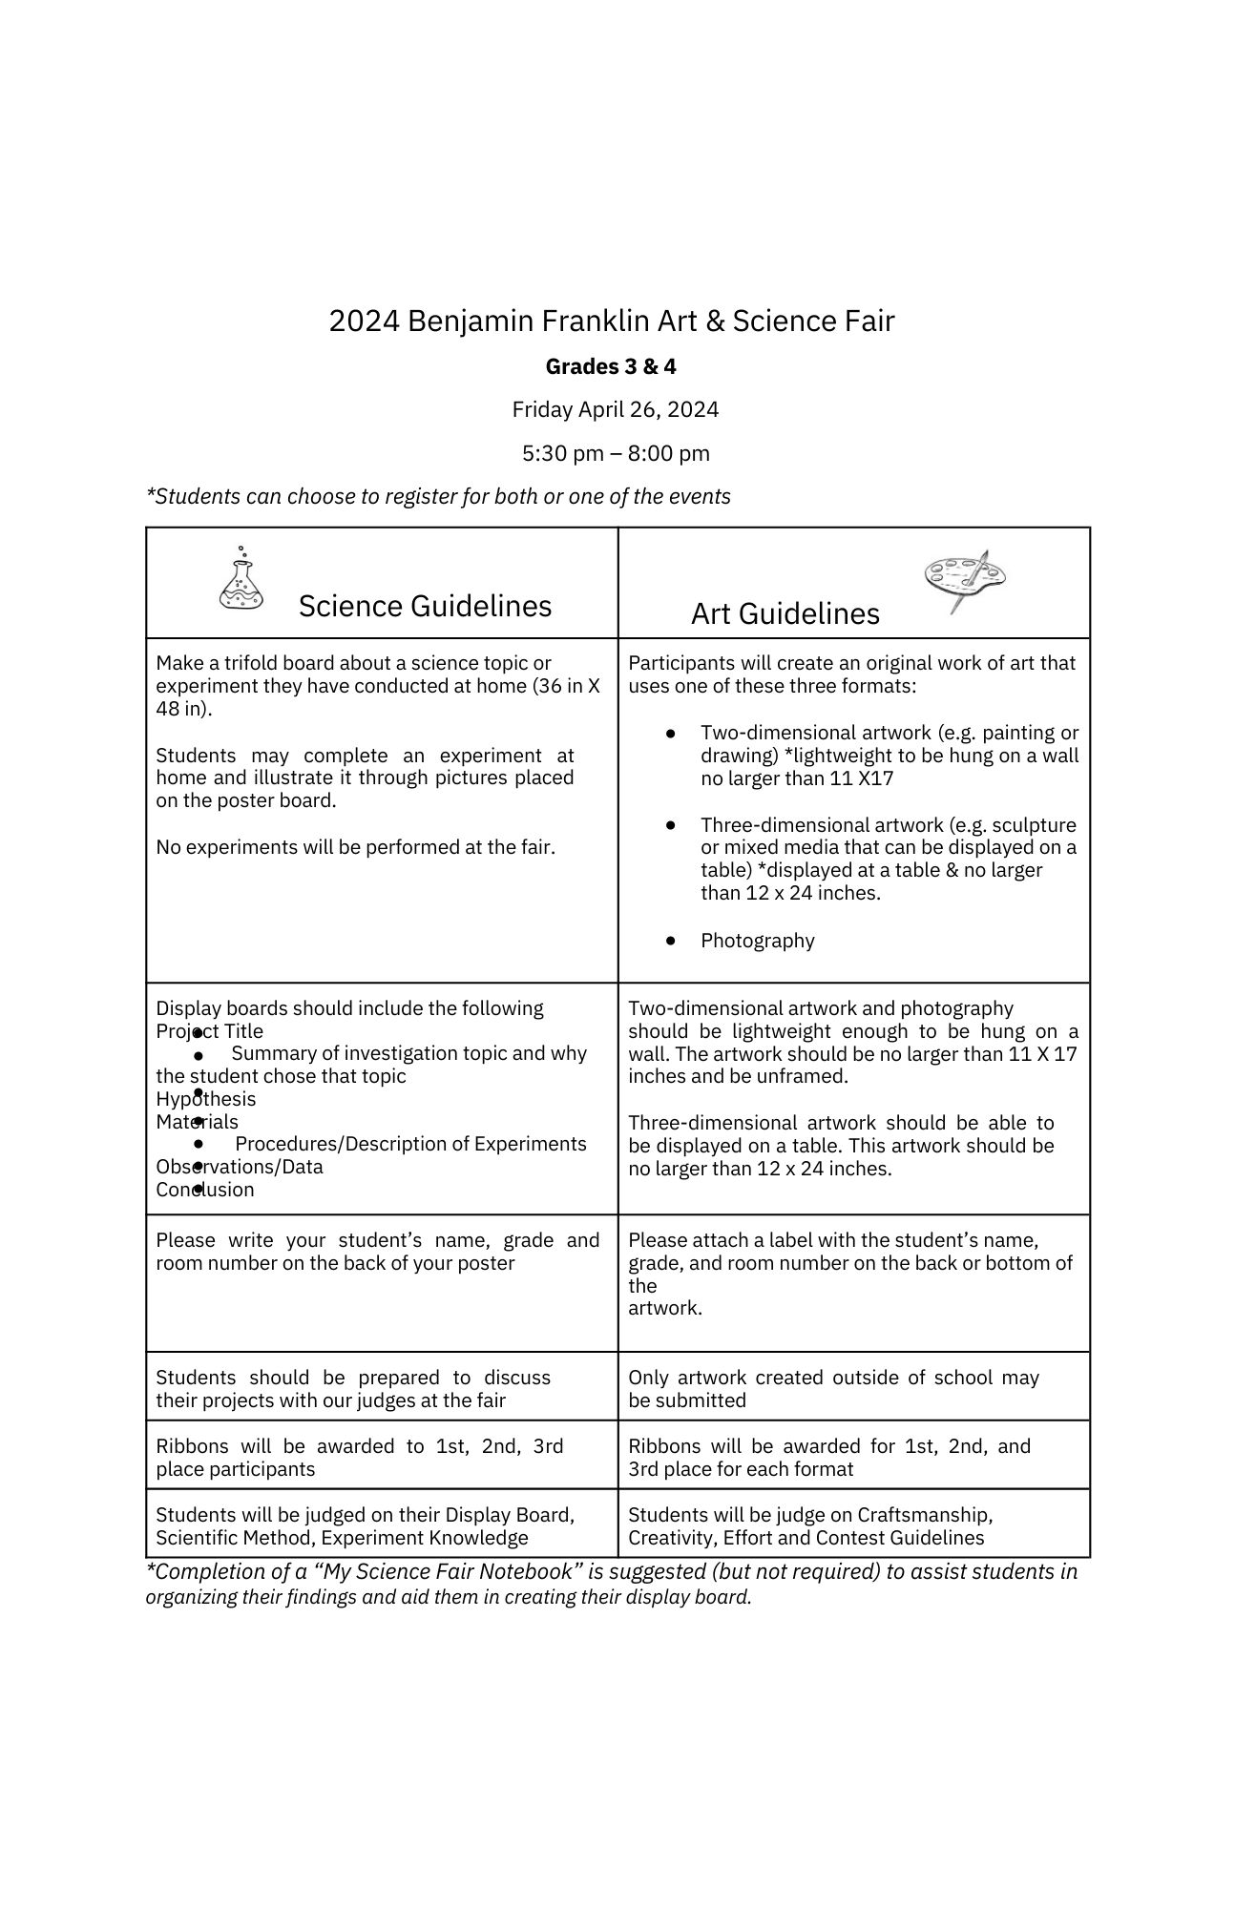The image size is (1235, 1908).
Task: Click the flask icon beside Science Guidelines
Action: (241, 579)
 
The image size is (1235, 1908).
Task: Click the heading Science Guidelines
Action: (425, 606)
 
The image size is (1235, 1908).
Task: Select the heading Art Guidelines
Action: (785, 613)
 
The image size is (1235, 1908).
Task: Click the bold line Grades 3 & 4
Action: (611, 366)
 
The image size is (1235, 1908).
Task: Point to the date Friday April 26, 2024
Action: (615, 409)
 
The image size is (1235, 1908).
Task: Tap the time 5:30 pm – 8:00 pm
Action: (616, 453)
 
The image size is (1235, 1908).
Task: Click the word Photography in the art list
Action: (757, 941)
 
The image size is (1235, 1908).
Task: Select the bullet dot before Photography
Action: (671, 941)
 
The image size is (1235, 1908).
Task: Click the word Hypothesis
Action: (206, 1099)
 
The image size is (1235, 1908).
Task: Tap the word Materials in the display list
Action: (197, 1122)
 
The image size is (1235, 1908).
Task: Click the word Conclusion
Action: (205, 1190)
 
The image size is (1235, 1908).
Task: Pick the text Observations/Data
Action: (240, 1167)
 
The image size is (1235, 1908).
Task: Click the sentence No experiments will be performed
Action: (355, 847)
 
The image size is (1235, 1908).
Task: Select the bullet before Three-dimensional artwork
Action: (671, 824)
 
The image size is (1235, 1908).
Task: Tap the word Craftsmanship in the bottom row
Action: (925, 1515)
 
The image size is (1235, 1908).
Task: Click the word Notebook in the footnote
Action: (531, 1572)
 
